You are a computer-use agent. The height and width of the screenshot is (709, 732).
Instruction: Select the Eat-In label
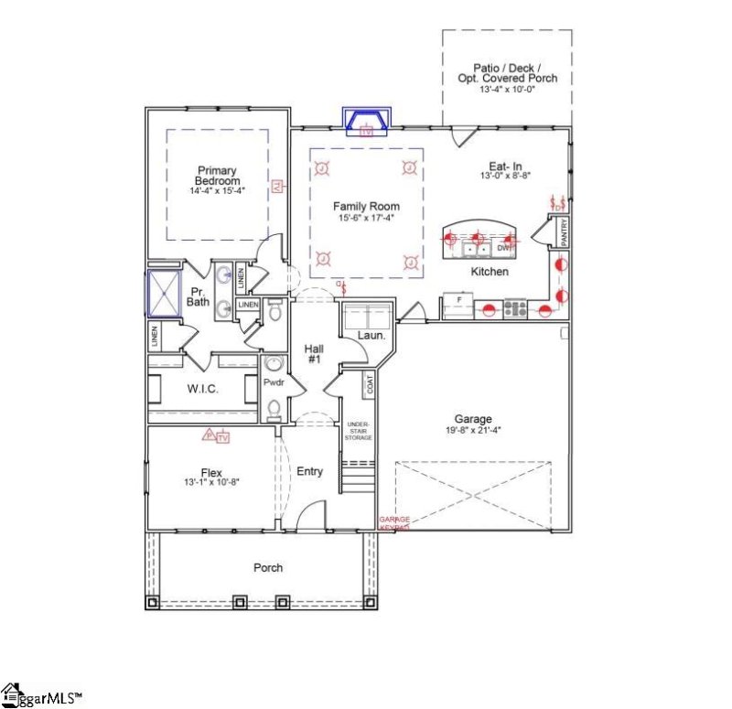pos(499,165)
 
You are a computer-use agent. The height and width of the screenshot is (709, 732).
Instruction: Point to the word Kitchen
pos(490,272)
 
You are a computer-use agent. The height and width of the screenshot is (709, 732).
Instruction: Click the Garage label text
pos(473,419)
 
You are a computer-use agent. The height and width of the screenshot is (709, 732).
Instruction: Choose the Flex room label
pos(212,472)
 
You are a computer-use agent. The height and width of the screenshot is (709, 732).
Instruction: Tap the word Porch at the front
pos(268,568)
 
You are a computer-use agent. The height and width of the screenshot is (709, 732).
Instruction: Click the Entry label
pos(310,471)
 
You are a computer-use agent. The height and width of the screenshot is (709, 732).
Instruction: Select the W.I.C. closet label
pos(201,389)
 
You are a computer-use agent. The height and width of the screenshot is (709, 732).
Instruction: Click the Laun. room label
pos(370,336)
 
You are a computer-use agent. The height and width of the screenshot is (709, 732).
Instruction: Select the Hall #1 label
pos(314,354)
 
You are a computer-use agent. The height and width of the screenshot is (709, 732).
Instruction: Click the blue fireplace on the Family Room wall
pos(367,120)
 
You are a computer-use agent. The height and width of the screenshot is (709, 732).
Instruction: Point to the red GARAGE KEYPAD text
pos(394,524)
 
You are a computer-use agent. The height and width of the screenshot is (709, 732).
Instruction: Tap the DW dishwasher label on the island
pos(502,248)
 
